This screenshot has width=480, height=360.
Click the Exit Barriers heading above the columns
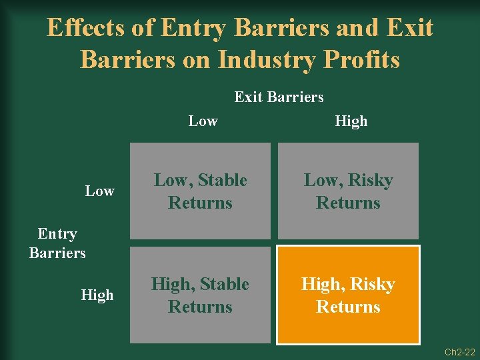[x=279, y=97]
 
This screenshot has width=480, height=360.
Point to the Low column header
[x=203, y=121]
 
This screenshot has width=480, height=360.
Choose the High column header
[x=351, y=121]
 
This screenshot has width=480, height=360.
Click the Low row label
[x=99, y=191]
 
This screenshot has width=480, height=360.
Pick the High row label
[x=97, y=295]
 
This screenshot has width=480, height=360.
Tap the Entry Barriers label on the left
[x=57, y=243]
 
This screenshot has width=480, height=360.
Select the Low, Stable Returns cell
[x=200, y=191]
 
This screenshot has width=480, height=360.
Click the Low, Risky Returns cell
[x=348, y=191]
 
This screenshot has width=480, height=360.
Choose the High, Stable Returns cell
[x=200, y=295]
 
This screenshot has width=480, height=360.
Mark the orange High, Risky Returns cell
[x=348, y=295]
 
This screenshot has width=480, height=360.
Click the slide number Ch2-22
[x=460, y=351]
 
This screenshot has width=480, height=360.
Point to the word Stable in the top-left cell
[x=223, y=181]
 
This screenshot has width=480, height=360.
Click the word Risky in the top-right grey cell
[x=369, y=181]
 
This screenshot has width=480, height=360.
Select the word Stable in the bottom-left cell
[x=223, y=285]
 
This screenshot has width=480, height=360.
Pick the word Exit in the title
[x=409, y=28]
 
